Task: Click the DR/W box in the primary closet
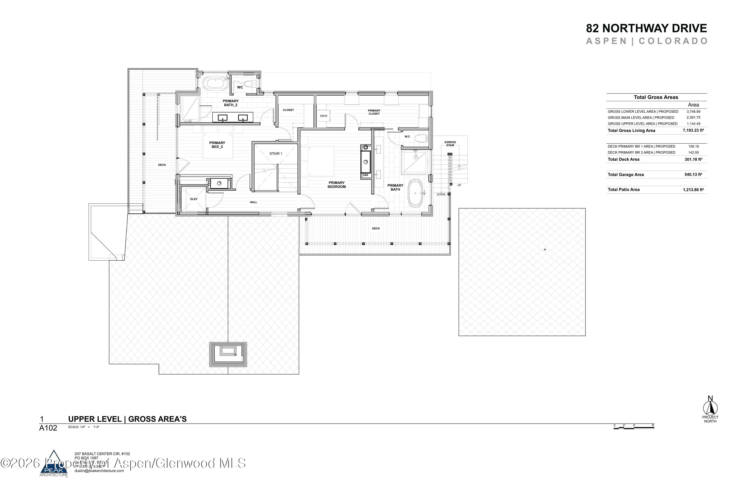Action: click(x=323, y=116)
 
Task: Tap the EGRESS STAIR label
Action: click(x=450, y=144)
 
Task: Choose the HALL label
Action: click(x=253, y=202)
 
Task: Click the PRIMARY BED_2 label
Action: click(x=217, y=145)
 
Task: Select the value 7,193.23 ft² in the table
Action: click(x=693, y=130)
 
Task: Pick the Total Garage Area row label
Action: click(x=626, y=175)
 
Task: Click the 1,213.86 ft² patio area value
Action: click(x=693, y=190)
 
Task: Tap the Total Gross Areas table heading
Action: click(x=656, y=97)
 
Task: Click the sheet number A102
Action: click(x=48, y=428)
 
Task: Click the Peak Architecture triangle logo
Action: click(x=54, y=463)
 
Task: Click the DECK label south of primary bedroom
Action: click(x=376, y=229)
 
